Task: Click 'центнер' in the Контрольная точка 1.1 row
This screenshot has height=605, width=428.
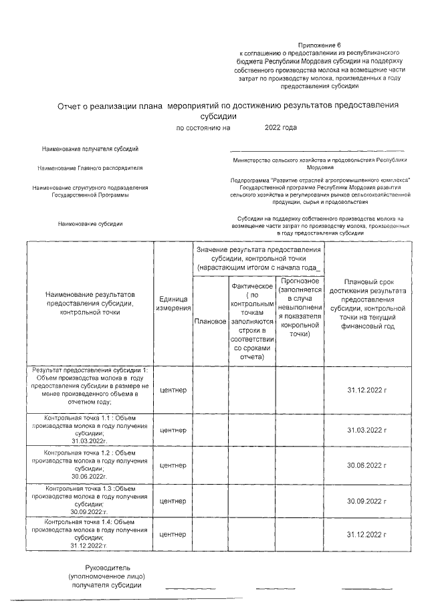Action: click(173, 429)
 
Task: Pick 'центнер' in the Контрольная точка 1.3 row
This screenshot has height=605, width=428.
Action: click(173, 501)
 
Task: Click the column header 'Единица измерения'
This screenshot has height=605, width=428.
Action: click(173, 303)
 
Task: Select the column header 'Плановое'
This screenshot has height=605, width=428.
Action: click(209, 322)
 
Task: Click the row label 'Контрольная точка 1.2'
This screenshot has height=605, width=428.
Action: click(90, 453)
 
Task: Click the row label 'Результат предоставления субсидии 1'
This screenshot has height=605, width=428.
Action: click(90, 370)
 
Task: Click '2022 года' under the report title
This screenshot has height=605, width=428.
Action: click(281, 127)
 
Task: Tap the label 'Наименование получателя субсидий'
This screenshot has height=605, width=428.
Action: click(90, 148)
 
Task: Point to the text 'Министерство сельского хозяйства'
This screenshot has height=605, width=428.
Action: click(320, 160)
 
